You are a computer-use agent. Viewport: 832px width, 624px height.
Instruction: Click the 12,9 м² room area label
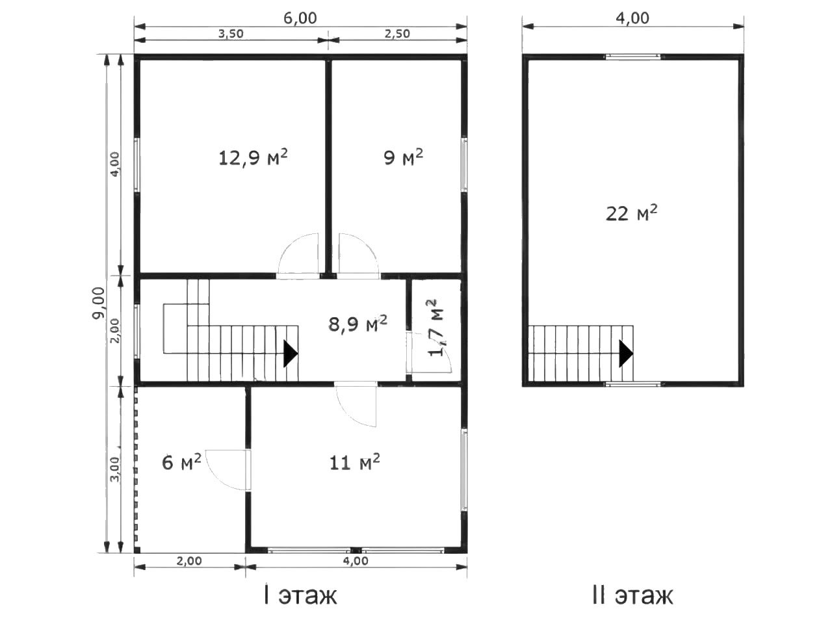coord(253,157)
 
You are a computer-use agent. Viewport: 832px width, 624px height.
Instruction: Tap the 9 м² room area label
coord(403,157)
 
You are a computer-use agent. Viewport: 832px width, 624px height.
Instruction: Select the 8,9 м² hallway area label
coord(357,324)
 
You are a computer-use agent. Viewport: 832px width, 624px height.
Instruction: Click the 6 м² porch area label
coord(181,462)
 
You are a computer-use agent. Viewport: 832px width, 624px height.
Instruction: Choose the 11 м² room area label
coord(354,462)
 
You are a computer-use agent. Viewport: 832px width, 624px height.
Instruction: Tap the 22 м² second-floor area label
coord(632,213)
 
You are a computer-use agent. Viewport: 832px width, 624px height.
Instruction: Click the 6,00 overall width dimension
coord(300,18)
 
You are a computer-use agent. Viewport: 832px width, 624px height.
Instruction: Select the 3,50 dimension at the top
coord(231,34)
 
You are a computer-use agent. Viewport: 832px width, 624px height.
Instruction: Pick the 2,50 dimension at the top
coord(397,34)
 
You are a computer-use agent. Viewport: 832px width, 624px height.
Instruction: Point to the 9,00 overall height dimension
coord(99,303)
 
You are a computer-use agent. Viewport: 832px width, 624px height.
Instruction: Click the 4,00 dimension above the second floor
coord(632,18)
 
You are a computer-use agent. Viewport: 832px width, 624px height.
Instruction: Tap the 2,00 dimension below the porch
coord(189,561)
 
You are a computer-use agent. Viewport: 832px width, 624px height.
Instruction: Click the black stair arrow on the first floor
coord(291,354)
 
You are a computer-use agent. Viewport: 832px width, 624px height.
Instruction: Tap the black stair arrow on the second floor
coord(626,354)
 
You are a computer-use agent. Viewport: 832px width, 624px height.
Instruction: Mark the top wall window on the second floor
coord(632,57)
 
